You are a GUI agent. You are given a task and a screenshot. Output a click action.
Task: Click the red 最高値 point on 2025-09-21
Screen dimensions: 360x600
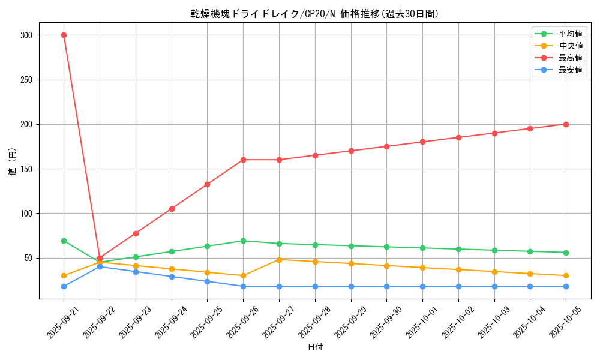64,35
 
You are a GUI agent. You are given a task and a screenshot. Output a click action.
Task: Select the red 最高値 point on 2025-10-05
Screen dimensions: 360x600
566,124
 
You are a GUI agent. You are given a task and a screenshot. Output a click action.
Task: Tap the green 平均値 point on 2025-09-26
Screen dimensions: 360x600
243,241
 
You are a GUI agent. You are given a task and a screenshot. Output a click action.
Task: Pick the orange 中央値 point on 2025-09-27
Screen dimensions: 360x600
279,259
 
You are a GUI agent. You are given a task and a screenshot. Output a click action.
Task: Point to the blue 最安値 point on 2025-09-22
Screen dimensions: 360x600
100,266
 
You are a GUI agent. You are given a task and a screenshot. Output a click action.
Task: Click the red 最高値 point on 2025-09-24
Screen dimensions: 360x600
172,209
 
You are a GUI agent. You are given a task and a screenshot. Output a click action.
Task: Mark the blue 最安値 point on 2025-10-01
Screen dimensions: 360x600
422,286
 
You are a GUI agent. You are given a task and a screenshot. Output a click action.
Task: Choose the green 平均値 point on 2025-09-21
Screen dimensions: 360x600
64,241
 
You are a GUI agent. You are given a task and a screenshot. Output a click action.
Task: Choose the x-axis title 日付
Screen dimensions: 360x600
315,347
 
